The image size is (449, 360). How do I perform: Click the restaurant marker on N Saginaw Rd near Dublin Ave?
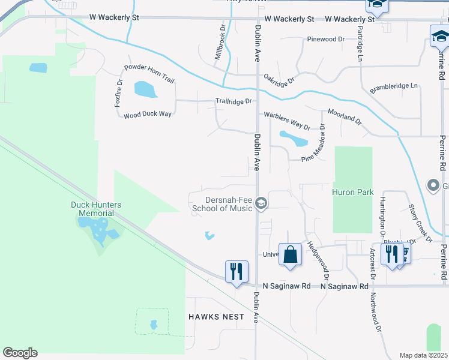[x=237, y=271]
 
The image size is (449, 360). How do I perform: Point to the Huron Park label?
[x=353, y=193]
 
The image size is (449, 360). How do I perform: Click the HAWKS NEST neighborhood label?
[x=216, y=316]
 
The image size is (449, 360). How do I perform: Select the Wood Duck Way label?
[x=148, y=114]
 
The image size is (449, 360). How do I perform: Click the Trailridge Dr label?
[x=234, y=101]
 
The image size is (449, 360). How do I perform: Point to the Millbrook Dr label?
[x=220, y=42]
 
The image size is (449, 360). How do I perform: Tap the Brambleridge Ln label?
[x=394, y=86]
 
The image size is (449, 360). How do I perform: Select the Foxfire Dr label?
[x=118, y=93]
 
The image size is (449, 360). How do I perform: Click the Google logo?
[x=20, y=353]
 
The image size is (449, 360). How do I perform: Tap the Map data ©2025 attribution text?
[x=423, y=355]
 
